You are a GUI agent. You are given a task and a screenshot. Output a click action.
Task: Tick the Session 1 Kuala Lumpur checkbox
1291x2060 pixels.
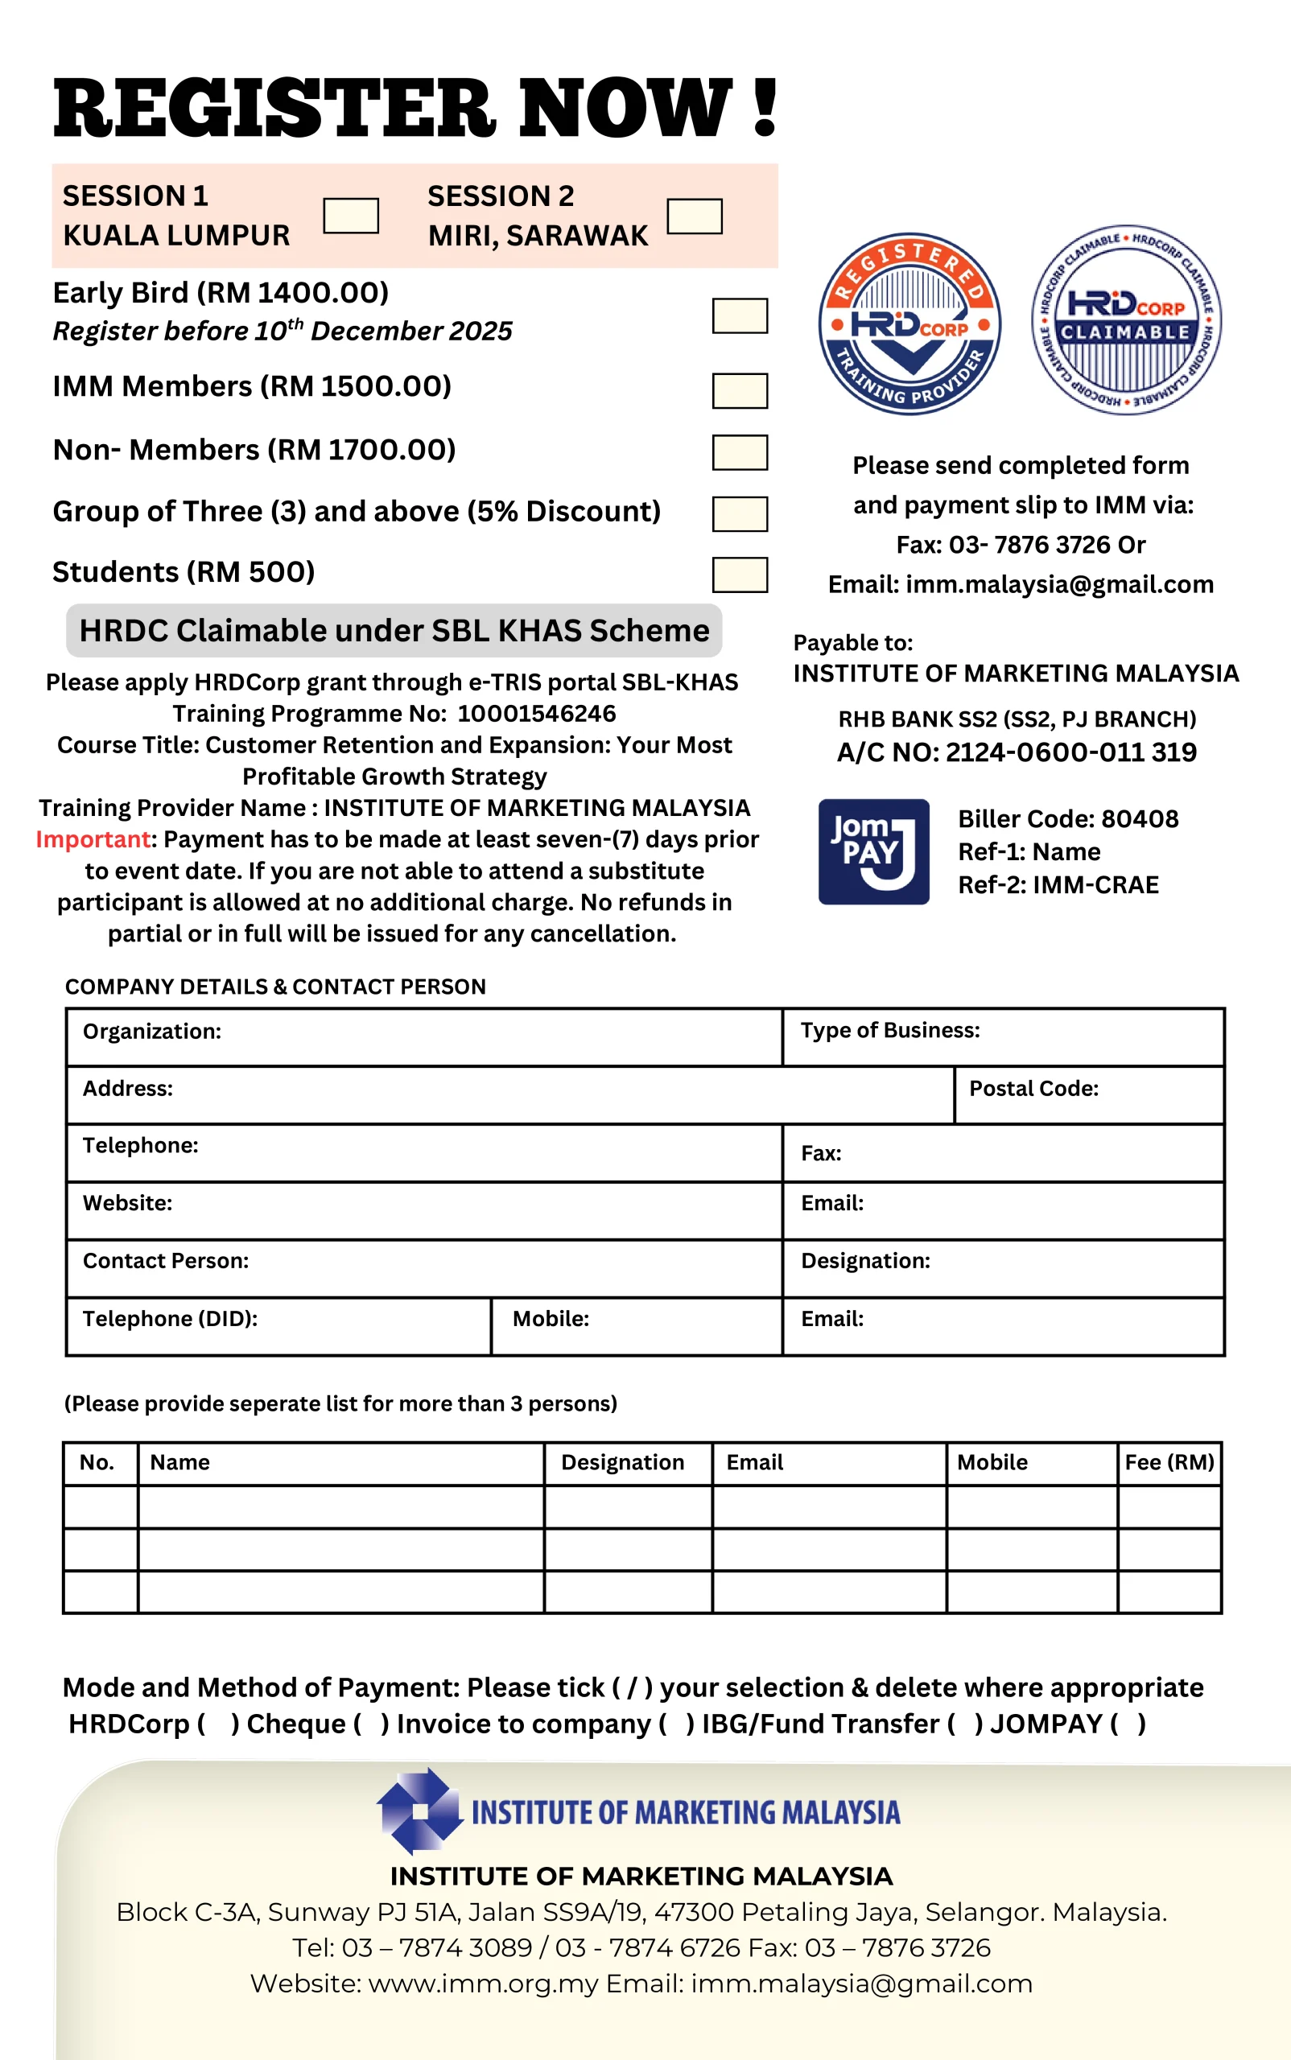(x=350, y=215)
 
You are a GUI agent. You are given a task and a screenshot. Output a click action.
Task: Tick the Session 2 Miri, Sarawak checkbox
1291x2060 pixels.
(x=694, y=216)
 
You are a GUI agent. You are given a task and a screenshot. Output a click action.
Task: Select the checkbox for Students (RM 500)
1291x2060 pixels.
(x=740, y=575)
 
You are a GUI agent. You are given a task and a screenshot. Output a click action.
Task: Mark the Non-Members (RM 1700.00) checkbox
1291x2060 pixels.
(x=740, y=452)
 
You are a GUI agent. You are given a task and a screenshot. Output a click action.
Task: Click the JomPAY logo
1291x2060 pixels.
(x=872, y=851)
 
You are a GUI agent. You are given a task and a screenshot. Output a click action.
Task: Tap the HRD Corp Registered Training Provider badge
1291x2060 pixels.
(x=909, y=324)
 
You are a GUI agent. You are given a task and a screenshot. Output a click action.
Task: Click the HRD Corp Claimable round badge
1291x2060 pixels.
(x=1125, y=320)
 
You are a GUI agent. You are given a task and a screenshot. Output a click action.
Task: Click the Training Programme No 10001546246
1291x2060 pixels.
(x=536, y=713)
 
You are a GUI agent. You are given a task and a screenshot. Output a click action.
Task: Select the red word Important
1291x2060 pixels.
(x=93, y=839)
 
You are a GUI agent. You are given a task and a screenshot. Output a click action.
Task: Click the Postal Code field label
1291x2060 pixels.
(x=1033, y=1089)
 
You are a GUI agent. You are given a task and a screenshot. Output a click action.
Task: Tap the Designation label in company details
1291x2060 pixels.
(x=865, y=1261)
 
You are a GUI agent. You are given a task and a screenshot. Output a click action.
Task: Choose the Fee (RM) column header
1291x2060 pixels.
(x=1169, y=1462)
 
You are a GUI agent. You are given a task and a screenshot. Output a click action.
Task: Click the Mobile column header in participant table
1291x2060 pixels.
(x=992, y=1462)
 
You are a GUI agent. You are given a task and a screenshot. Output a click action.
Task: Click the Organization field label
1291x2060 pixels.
(x=152, y=1032)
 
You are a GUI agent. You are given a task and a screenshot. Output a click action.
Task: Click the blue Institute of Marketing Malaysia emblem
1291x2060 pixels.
(x=419, y=1811)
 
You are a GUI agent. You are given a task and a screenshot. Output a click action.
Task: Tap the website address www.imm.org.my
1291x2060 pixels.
(x=483, y=1984)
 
